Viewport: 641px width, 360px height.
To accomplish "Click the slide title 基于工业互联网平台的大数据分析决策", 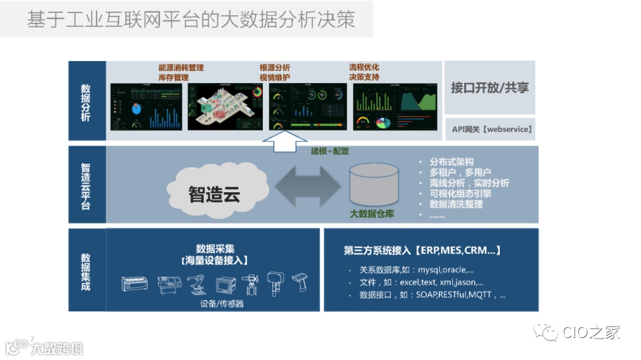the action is [x=191, y=19].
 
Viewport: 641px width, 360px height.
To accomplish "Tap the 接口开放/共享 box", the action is [x=490, y=88].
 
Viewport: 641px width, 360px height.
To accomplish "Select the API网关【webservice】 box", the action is [x=490, y=129].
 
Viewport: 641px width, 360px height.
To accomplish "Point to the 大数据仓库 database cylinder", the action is [x=373, y=184].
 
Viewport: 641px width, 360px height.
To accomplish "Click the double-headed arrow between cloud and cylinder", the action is [x=307, y=186].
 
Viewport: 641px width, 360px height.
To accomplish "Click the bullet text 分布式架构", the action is [x=452, y=162].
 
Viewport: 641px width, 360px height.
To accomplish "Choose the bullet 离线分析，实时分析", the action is [x=469, y=183].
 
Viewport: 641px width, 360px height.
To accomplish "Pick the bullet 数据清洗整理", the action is [x=456, y=204].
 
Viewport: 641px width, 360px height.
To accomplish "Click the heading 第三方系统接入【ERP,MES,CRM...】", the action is [x=423, y=250].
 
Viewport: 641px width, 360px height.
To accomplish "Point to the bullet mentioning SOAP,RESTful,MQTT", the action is [x=433, y=294].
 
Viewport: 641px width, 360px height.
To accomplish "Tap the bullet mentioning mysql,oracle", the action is [x=416, y=270].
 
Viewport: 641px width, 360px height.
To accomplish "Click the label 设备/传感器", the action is [x=223, y=304].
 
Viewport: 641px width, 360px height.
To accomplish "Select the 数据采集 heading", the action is [x=215, y=249].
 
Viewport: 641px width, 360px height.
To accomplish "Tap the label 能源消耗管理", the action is [x=181, y=68].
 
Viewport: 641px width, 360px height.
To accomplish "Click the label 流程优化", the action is [x=364, y=67].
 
